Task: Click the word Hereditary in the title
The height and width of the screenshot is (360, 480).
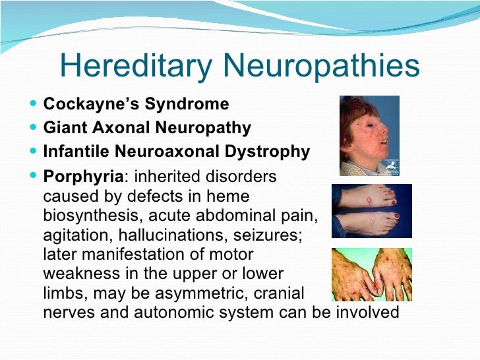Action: [136, 66]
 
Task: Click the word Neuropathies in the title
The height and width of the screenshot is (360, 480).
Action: [322, 66]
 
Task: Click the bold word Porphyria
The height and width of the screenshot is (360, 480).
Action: [83, 177]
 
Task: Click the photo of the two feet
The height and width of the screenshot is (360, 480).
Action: [371, 210]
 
